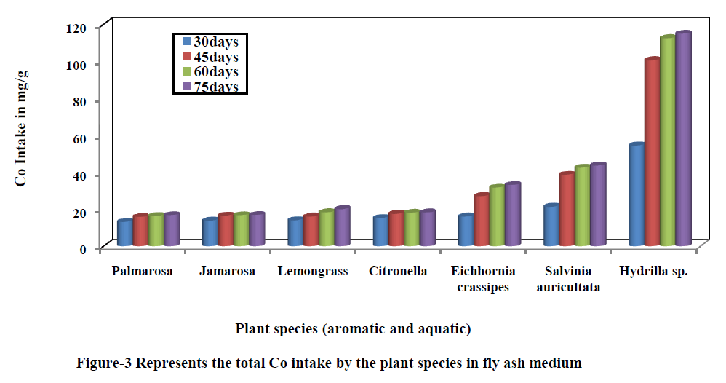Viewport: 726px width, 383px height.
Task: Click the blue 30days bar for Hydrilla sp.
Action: [x=637, y=195]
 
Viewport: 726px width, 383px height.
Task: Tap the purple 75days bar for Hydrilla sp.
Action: [x=683, y=138]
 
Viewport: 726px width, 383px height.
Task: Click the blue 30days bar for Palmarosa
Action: [x=124, y=233]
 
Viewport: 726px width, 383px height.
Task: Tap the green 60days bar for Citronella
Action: [x=412, y=229]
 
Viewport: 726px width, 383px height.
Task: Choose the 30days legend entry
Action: [x=211, y=42]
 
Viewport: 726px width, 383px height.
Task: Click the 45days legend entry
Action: [x=211, y=57]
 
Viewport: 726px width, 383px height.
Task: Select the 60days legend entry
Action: [x=211, y=72]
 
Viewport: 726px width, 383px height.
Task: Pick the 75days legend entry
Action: [x=211, y=87]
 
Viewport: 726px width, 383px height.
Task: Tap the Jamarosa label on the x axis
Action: [x=228, y=272]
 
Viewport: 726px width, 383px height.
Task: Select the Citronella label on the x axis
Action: [x=398, y=272]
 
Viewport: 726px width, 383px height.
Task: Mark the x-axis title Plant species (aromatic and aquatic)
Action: [x=353, y=329]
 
